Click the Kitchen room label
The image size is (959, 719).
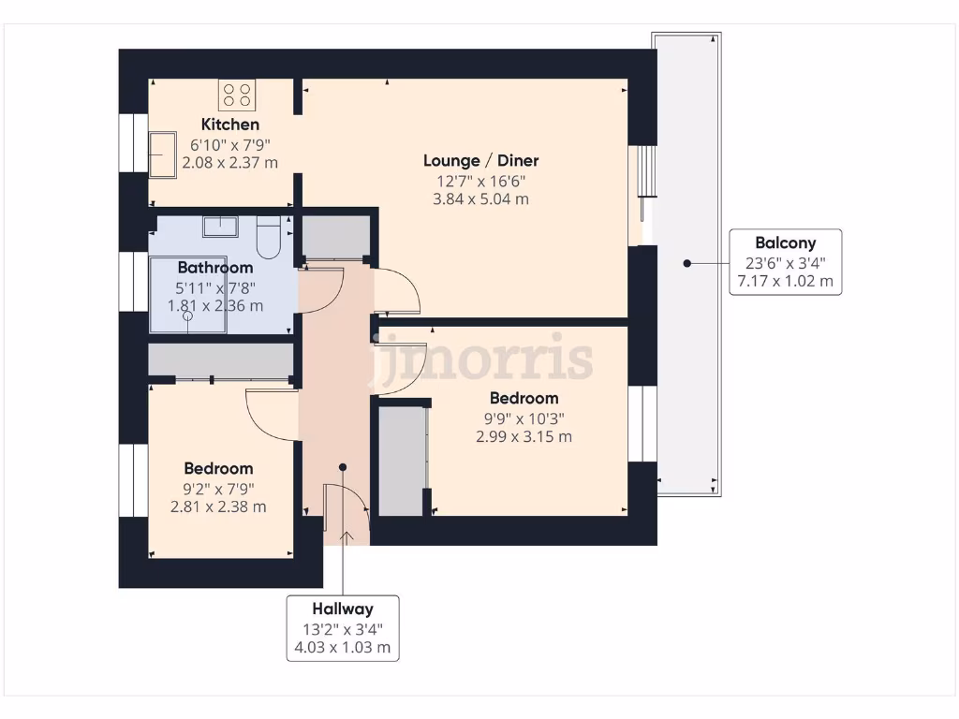(x=230, y=125)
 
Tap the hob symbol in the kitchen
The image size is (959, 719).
(x=238, y=95)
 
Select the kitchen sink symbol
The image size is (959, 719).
(x=163, y=154)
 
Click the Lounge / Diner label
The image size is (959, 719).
(x=480, y=160)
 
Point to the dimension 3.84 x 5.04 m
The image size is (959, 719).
(x=480, y=198)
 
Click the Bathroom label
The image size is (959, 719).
(x=215, y=268)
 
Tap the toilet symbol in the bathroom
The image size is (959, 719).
(x=268, y=238)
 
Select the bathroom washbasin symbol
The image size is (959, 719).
(x=220, y=226)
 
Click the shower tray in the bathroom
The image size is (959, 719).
(x=188, y=295)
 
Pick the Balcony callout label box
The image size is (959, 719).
(x=785, y=262)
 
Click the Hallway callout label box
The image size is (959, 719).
(x=344, y=627)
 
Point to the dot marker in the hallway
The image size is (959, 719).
(x=343, y=466)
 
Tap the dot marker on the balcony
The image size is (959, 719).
(x=686, y=263)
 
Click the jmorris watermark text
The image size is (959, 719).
(x=483, y=359)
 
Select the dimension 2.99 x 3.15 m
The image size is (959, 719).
(x=524, y=436)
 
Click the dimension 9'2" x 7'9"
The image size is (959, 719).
(x=218, y=488)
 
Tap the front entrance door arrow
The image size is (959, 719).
(x=347, y=536)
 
